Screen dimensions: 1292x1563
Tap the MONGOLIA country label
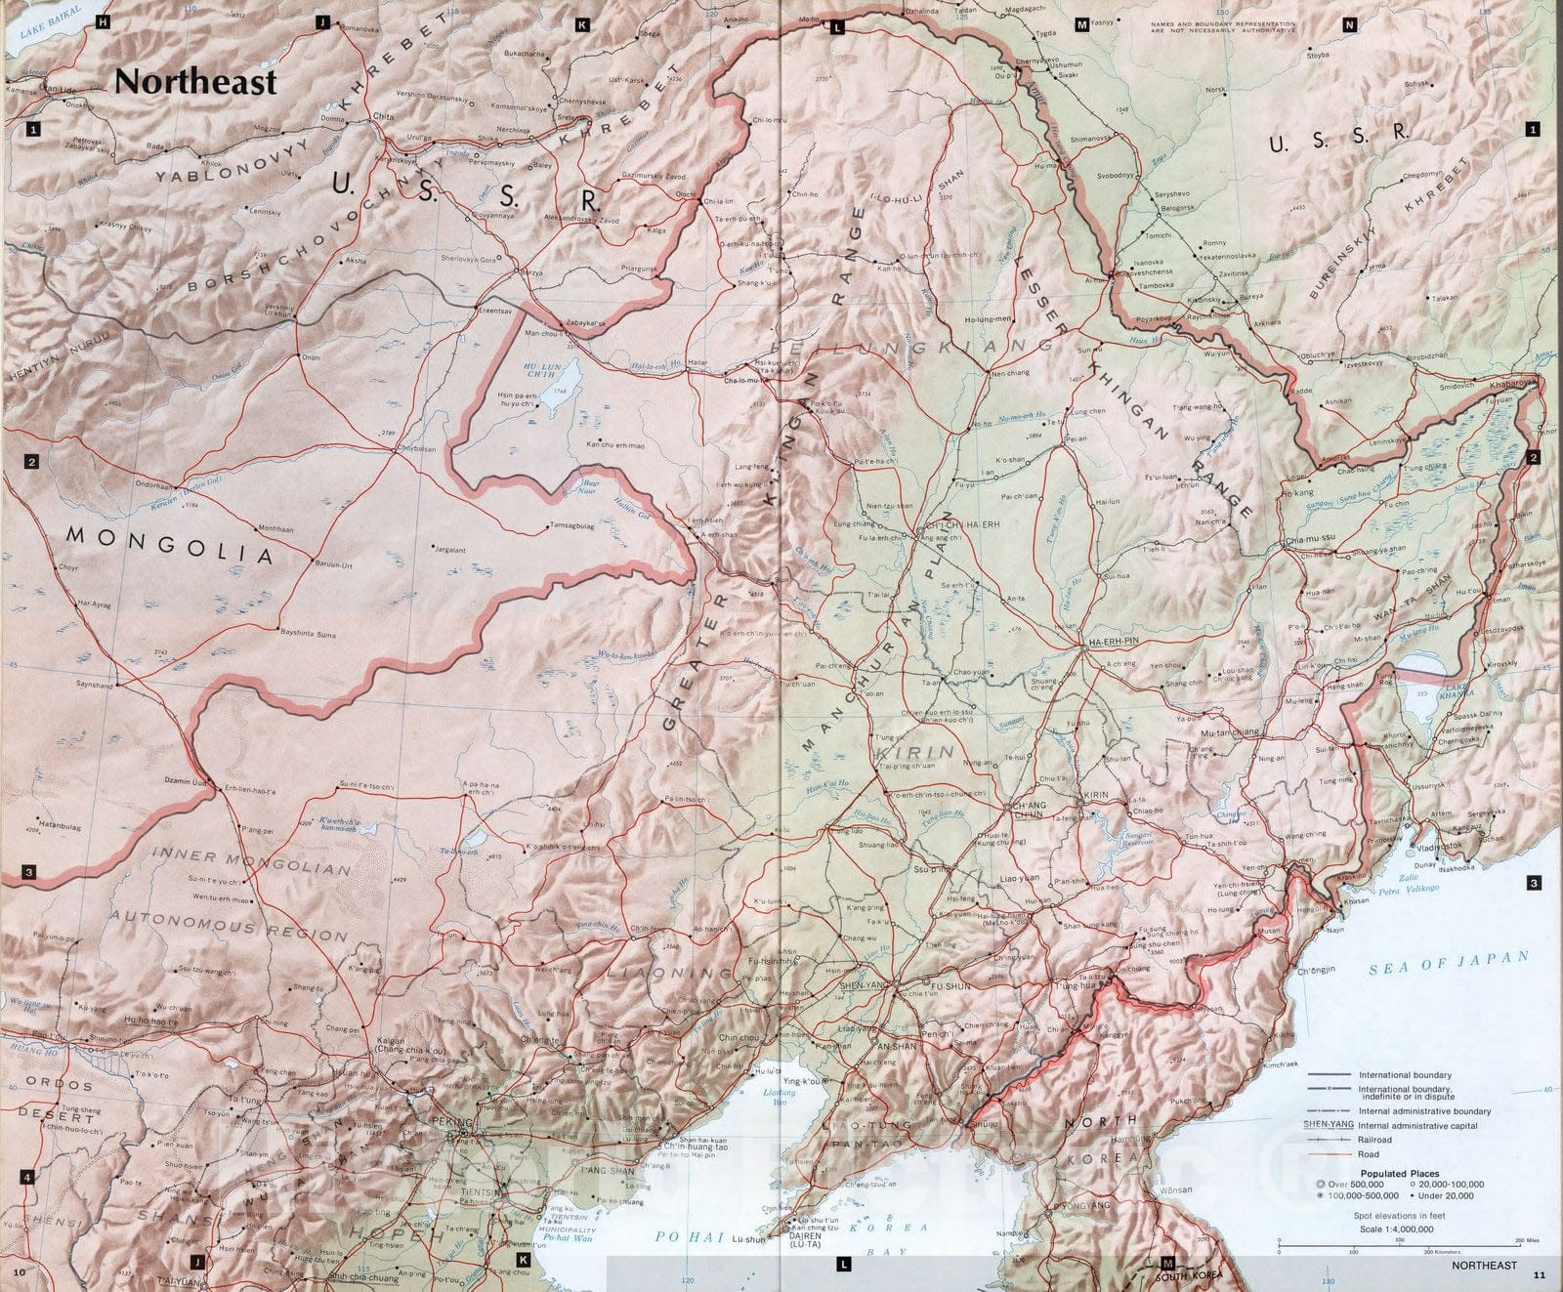pos(168,544)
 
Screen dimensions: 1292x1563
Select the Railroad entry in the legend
pos(1375,1140)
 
